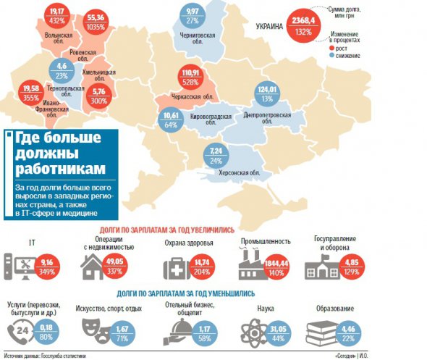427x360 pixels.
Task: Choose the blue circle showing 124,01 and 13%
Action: click(x=269, y=94)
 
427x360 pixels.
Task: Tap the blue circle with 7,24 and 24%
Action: click(x=216, y=156)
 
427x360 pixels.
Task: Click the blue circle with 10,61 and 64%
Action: click(x=172, y=119)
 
